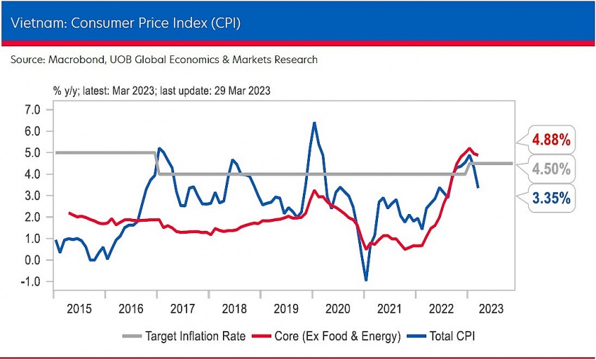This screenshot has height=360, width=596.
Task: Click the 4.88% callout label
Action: point(550,140)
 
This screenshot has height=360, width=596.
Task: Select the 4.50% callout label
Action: point(550,169)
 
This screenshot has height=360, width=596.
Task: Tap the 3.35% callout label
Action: point(550,199)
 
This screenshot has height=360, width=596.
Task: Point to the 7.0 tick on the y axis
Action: point(32,109)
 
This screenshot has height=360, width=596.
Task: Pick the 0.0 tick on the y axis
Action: point(32,260)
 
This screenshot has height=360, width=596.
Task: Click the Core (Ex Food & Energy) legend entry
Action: point(336,336)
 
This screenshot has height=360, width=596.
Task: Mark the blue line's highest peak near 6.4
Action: point(313,123)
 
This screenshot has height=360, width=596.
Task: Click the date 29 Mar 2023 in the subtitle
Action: point(242,91)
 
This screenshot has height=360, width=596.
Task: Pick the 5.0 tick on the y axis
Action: point(32,152)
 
